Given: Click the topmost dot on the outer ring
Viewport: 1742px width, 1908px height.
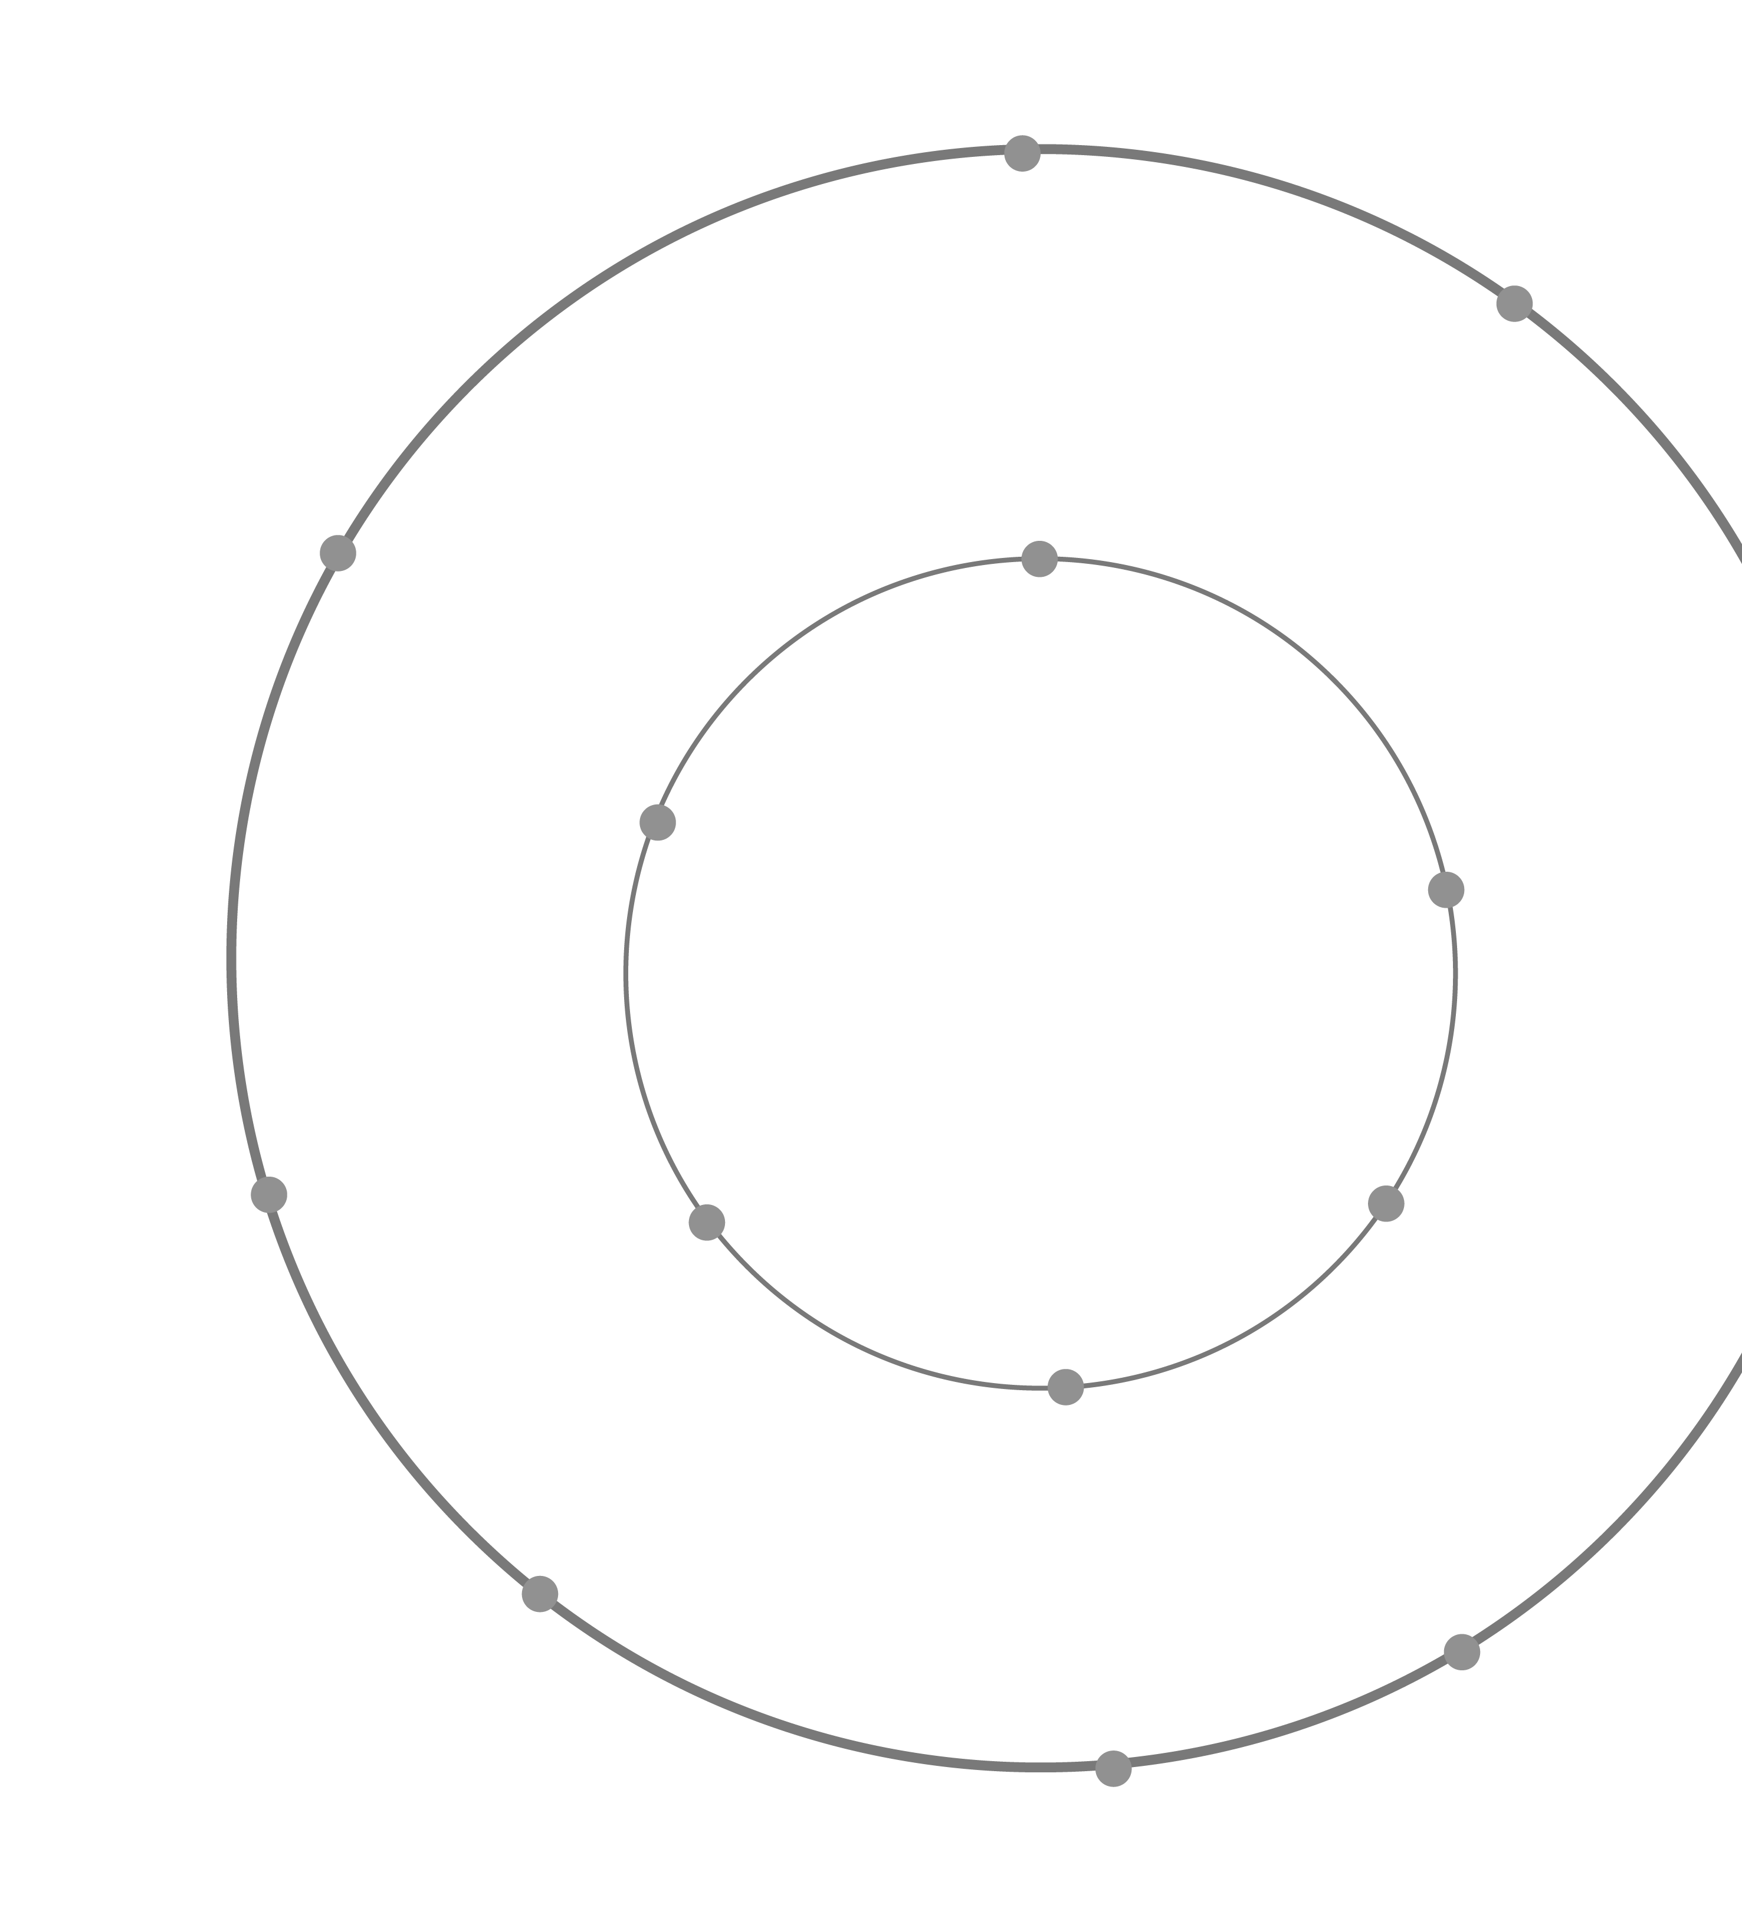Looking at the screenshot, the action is click(1022, 153).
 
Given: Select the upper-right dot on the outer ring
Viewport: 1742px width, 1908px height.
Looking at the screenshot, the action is click(1514, 303).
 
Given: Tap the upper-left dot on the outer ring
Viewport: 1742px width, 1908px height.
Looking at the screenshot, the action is click(338, 553).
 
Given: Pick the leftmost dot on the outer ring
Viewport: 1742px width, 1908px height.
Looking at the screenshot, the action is click(269, 1194).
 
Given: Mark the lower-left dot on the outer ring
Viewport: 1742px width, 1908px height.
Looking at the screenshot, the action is click(540, 1594).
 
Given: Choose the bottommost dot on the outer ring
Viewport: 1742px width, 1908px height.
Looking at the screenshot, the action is click(1113, 1768).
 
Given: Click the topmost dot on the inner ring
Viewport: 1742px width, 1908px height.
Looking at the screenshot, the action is click(1039, 559).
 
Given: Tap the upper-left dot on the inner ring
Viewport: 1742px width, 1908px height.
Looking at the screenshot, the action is click(658, 822).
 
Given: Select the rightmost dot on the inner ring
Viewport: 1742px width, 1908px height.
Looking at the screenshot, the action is click(1446, 889).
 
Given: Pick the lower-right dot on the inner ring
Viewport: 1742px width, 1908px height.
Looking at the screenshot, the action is click(1386, 1204).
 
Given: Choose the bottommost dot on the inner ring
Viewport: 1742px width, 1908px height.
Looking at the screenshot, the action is click(1065, 1387).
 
